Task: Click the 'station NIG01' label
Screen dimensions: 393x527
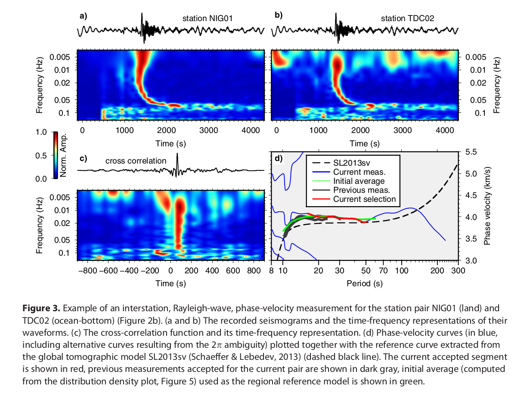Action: click(205, 19)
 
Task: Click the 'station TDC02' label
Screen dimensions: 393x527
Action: click(407, 19)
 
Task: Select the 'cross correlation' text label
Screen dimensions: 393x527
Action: click(136, 161)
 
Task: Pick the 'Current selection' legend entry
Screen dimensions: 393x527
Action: click(364, 199)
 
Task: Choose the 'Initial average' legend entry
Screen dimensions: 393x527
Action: click(359, 181)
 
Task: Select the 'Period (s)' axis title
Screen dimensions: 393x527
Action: click(364, 284)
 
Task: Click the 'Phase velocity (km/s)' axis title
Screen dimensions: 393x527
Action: click(488, 206)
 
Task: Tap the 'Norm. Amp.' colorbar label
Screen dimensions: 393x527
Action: click(68, 155)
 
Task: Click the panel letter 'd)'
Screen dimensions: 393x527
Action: click(278, 158)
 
